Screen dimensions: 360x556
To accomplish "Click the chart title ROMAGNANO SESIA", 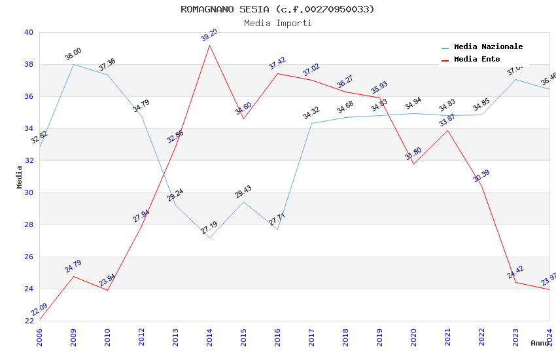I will pyautogui.click(x=277, y=9).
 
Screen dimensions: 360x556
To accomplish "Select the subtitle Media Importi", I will pyautogui.click(x=277, y=24).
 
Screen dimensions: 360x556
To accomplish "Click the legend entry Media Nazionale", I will pyautogui.click(x=488, y=47).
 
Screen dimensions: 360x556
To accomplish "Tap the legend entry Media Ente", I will pyautogui.click(x=477, y=60).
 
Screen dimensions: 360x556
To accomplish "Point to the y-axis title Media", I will pyautogui.click(x=19, y=177).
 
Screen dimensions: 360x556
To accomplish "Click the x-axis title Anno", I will pyautogui.click(x=540, y=343).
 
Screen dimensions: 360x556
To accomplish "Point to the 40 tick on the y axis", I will pyautogui.click(x=29, y=32).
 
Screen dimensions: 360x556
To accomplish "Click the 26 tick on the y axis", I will pyautogui.click(x=29, y=257).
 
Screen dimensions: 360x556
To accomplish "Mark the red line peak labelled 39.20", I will pyautogui.click(x=209, y=45).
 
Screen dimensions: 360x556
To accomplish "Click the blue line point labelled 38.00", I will pyautogui.click(x=73, y=64).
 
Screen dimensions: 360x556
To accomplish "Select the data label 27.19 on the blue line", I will pyautogui.click(x=209, y=228).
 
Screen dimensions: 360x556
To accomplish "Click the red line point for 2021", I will pyautogui.click(x=447, y=130).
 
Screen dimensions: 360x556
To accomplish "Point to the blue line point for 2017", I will pyautogui.click(x=311, y=123).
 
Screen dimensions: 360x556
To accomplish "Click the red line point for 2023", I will pyautogui.click(x=515, y=282).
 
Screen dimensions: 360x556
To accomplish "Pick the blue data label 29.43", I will pyautogui.click(x=243, y=192).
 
